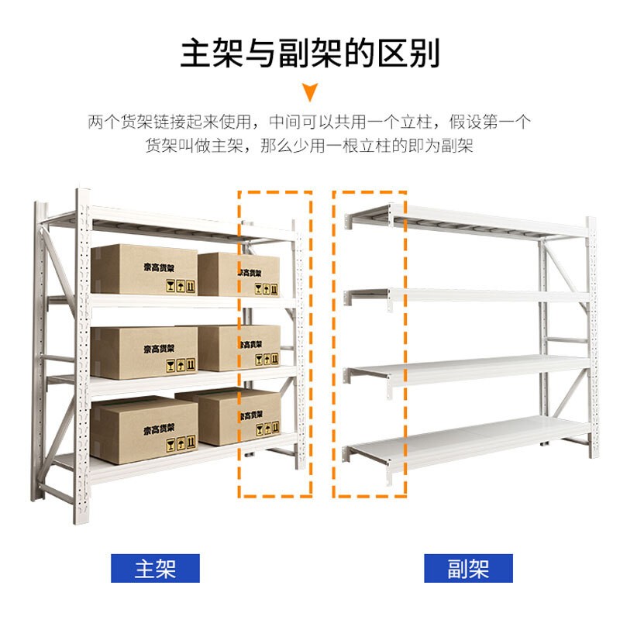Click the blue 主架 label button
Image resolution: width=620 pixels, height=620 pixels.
(x=155, y=568)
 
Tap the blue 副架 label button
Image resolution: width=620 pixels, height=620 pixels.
(x=468, y=568)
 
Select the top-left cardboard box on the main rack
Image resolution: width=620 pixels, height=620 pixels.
(x=144, y=269)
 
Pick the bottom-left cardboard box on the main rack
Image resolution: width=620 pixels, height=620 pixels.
(x=143, y=430)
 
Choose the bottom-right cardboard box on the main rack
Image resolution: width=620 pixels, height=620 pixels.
(x=236, y=418)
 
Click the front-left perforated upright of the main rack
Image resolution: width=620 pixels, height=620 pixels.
(x=84, y=341)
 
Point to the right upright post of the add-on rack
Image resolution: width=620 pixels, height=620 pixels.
(x=591, y=341)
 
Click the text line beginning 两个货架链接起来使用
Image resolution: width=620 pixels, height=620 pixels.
(x=310, y=122)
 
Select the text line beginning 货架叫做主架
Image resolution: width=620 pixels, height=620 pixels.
(x=310, y=145)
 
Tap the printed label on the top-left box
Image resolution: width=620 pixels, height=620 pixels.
(x=159, y=267)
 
